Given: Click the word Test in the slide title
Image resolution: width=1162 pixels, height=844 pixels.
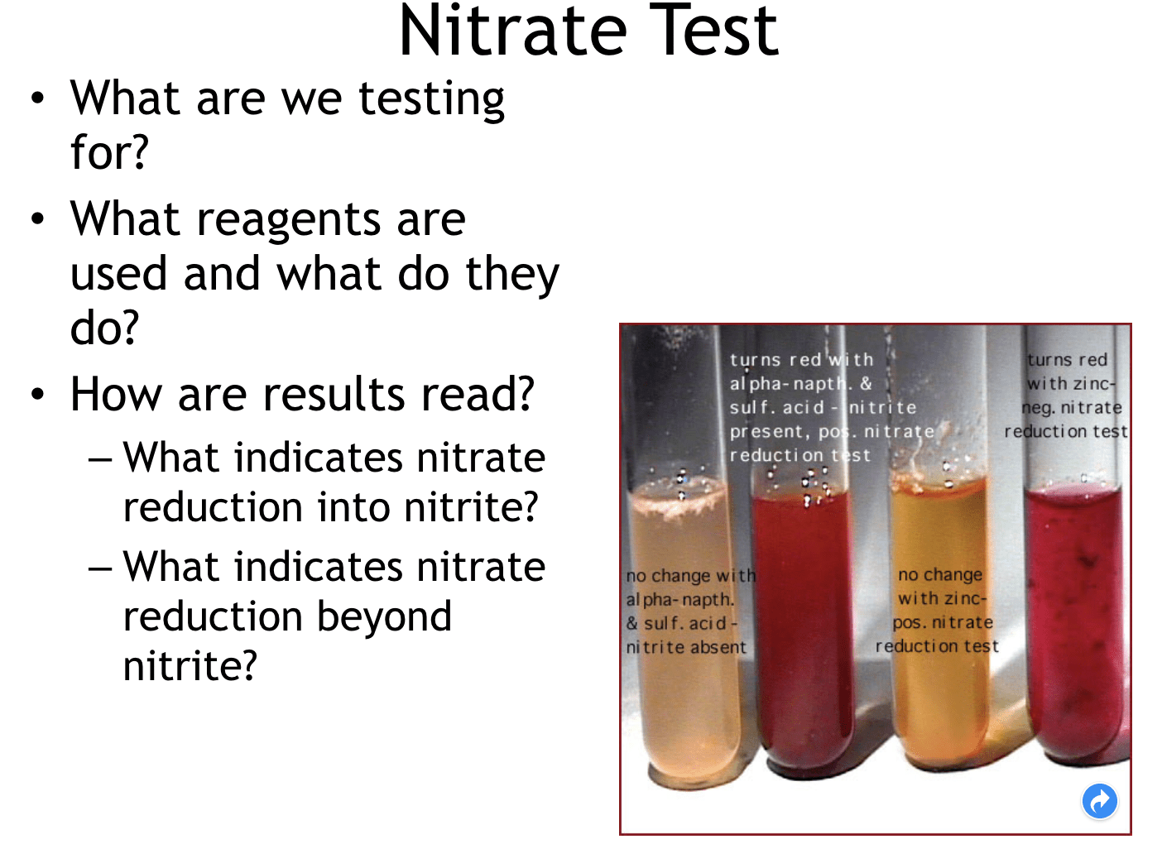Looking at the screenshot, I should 714,31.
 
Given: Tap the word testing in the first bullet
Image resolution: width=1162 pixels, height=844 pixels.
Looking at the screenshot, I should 431,99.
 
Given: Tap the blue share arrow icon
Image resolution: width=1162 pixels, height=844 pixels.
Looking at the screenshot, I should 1099,801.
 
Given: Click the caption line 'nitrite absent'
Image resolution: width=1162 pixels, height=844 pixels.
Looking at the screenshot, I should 686,647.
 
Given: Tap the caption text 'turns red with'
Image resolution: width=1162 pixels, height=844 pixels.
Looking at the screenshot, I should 800,360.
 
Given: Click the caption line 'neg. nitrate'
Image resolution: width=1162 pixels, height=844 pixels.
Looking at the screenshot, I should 1072,407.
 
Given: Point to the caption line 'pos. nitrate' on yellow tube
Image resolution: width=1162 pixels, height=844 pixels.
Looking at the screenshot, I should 943,622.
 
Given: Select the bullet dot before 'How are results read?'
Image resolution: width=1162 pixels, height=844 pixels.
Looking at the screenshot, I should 38,395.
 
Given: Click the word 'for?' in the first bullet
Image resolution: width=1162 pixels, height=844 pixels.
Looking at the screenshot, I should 108,153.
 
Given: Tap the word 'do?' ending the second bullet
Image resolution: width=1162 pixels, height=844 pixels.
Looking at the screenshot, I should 104,328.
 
